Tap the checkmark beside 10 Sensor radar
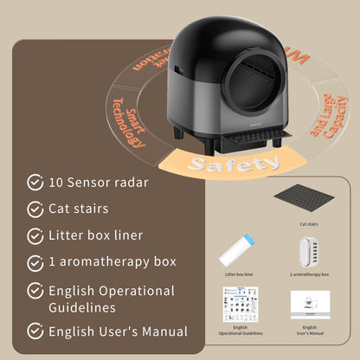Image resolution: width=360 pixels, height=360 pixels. click(x=35, y=183)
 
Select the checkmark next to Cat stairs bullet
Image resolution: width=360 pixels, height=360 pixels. click(x=35, y=209)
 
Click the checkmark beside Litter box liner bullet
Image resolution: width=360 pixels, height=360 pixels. click(x=35, y=235)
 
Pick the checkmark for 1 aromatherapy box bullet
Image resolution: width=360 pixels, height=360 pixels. click(x=35, y=262)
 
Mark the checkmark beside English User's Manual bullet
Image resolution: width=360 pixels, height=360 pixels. click(x=35, y=331)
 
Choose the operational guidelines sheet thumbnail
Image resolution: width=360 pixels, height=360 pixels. click(x=240, y=305)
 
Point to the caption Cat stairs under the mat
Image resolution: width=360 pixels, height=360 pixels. click(x=309, y=224)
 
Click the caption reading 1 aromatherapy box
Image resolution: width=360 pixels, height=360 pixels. click(x=309, y=273)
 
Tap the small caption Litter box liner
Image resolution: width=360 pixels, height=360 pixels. click(x=239, y=273)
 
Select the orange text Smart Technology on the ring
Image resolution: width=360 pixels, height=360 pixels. click(x=129, y=126)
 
